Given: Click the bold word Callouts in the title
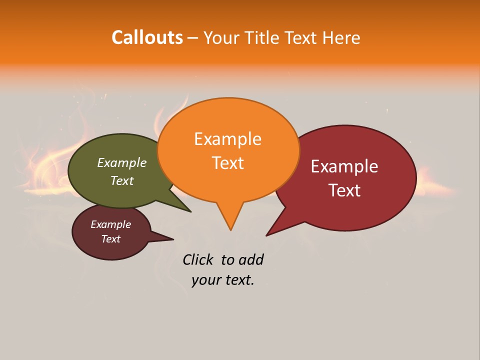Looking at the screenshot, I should pyautogui.click(x=147, y=37).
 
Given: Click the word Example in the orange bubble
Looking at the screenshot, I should pyautogui.click(x=227, y=139).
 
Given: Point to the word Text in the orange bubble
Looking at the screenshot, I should pyautogui.click(x=227, y=163).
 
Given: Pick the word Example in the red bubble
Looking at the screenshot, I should pyautogui.click(x=344, y=166).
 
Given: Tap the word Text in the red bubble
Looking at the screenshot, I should pyautogui.click(x=344, y=190).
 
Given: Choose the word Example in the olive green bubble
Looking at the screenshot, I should pyautogui.click(x=121, y=163).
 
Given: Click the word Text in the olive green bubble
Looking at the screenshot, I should pyautogui.click(x=121, y=180).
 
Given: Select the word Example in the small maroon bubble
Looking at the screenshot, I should pyautogui.click(x=110, y=224).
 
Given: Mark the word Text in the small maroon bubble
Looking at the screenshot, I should pyautogui.click(x=110, y=239).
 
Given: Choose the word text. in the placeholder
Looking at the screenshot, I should pyautogui.click(x=239, y=280).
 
